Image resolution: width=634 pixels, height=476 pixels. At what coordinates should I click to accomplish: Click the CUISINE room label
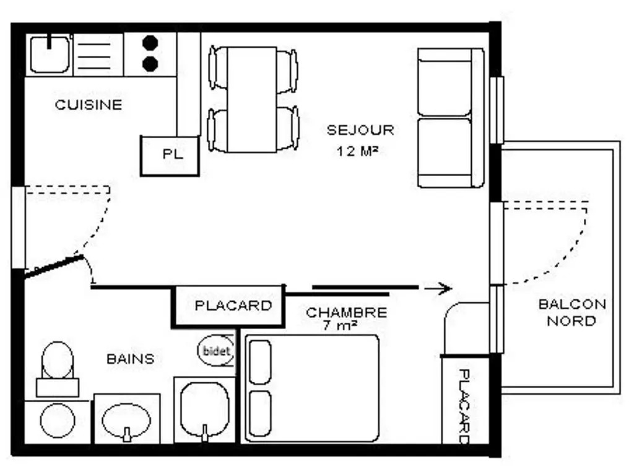pyautogui.click(x=89, y=105)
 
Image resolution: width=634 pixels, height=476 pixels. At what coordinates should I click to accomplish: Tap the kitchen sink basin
pyautogui.click(x=50, y=55)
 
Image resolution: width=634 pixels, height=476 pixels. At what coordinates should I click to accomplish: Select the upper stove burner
pyautogui.click(x=150, y=42)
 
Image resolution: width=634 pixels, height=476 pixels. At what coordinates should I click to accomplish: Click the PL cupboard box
pyautogui.click(x=170, y=156)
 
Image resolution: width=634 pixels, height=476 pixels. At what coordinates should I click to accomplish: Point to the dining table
pyautogui.click(x=252, y=100)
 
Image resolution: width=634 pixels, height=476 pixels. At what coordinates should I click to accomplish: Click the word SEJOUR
pyautogui.click(x=360, y=130)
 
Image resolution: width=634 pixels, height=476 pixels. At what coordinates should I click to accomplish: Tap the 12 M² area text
pyautogui.click(x=357, y=151)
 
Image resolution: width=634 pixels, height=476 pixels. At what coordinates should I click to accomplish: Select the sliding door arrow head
pyautogui.click(x=445, y=289)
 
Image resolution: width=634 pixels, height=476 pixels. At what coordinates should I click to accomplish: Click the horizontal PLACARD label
pyautogui.click(x=233, y=306)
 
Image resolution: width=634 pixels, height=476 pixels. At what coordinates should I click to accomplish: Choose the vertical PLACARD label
pyautogui.click(x=464, y=406)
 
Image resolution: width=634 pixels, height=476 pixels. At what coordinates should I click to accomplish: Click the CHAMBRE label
pyautogui.click(x=347, y=312)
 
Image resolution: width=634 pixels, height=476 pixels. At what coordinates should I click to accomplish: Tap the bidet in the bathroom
pyautogui.click(x=216, y=351)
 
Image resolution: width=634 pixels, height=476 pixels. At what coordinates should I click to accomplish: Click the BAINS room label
pyautogui.click(x=130, y=359)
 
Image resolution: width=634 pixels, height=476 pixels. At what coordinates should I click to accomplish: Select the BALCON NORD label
pyautogui.click(x=572, y=312)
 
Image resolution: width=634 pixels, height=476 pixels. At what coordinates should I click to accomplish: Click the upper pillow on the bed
pyautogui.click(x=261, y=362)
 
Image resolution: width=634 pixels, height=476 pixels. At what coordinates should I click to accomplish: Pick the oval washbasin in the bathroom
pyautogui.click(x=126, y=421)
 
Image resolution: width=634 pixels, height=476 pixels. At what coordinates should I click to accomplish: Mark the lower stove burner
pyautogui.click(x=150, y=64)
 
